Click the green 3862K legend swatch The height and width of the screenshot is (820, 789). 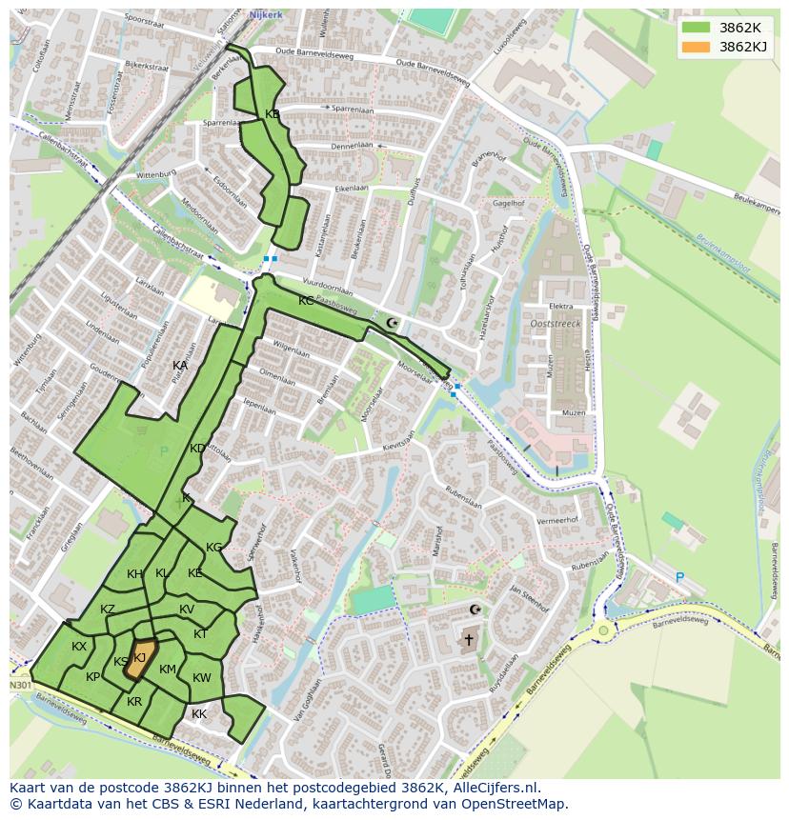[x=697, y=28]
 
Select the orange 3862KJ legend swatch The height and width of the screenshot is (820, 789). [x=697, y=47]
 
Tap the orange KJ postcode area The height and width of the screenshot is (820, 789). [x=139, y=660]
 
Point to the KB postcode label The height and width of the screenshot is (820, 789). [x=273, y=114]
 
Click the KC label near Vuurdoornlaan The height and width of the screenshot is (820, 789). [x=306, y=301]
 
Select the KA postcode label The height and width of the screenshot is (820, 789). [x=180, y=366]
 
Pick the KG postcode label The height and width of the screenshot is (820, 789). [x=214, y=548]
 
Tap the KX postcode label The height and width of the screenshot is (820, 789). [x=79, y=647]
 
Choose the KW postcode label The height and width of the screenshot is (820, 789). [x=202, y=678]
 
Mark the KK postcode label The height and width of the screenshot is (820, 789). [x=199, y=714]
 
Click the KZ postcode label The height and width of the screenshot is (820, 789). [x=108, y=610]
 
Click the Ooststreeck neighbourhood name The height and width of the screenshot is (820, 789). [x=554, y=324]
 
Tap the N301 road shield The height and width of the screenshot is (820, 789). [x=20, y=685]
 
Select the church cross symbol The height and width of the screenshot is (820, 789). [x=468, y=639]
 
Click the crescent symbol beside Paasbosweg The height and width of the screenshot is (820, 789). [x=391, y=324]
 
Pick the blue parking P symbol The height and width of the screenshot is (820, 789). [x=679, y=578]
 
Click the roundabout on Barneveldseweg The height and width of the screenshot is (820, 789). [x=602, y=630]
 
